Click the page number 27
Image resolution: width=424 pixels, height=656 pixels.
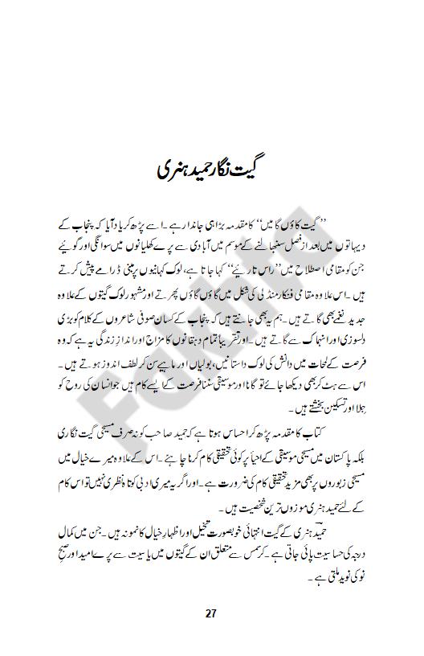coord(211,614)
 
